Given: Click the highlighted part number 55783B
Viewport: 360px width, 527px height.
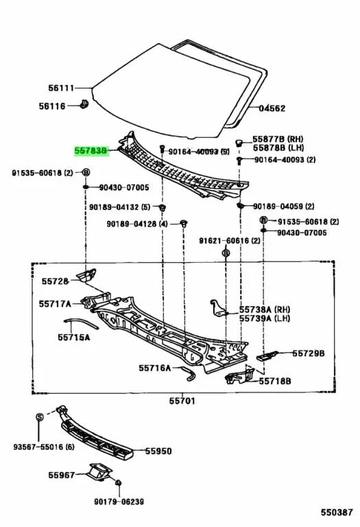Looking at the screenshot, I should (x=91, y=149).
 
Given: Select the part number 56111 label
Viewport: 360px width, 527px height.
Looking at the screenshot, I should (x=60, y=89).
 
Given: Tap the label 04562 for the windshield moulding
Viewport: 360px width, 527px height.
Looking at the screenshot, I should (x=272, y=108).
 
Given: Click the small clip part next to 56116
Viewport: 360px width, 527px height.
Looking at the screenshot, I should (x=84, y=105).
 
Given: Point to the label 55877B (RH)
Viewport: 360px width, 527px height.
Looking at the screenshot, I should (x=272, y=139).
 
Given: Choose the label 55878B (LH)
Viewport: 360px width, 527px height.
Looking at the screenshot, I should (x=272, y=148).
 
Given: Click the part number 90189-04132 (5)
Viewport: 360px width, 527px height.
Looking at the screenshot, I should (x=119, y=207).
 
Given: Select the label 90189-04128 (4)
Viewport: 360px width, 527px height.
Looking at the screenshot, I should (x=137, y=224).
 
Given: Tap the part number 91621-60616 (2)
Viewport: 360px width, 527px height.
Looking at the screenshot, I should (x=230, y=241).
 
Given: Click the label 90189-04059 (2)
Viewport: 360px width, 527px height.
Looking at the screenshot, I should (x=283, y=206).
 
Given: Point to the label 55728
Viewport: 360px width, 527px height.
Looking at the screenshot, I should (x=55, y=282).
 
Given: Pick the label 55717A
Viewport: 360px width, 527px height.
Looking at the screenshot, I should (x=56, y=303).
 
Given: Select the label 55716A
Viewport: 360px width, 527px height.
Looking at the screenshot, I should (x=154, y=368).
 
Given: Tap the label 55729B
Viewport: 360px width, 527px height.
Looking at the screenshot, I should (x=309, y=353).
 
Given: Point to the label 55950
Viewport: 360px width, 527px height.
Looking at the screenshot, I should (x=158, y=452).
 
